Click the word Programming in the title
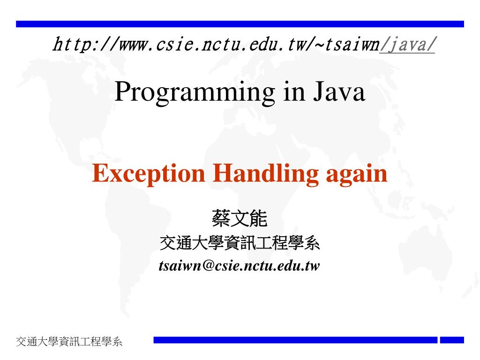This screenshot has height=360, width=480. (195, 92)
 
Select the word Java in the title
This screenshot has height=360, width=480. (339, 91)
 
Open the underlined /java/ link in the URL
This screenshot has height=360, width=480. (407, 45)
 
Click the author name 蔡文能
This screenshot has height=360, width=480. (240, 218)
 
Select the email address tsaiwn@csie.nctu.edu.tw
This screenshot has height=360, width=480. (239, 265)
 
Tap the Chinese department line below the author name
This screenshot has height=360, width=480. (240, 243)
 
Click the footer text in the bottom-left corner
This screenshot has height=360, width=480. (69, 341)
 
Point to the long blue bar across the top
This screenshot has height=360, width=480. (240, 24)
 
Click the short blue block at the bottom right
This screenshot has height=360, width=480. (452, 340)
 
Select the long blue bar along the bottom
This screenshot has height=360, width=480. (295, 340)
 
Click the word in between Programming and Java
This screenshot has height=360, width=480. (294, 91)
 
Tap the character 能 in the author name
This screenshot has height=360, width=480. (259, 218)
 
